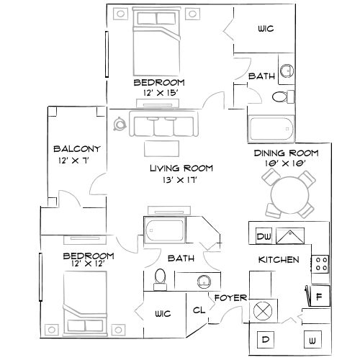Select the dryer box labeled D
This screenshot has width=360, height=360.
[x=264, y=338]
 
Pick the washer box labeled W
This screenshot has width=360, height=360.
[x=313, y=338]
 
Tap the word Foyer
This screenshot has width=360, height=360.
[x=230, y=297]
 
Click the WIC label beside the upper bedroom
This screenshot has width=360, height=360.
[x=266, y=30]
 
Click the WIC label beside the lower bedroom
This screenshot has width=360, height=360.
[x=161, y=313]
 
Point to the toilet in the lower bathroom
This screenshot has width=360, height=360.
[x=161, y=279]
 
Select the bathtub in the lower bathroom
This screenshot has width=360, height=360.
[x=166, y=232]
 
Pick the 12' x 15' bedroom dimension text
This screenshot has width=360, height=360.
[x=159, y=93]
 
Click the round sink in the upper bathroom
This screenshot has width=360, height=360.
[x=287, y=70]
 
